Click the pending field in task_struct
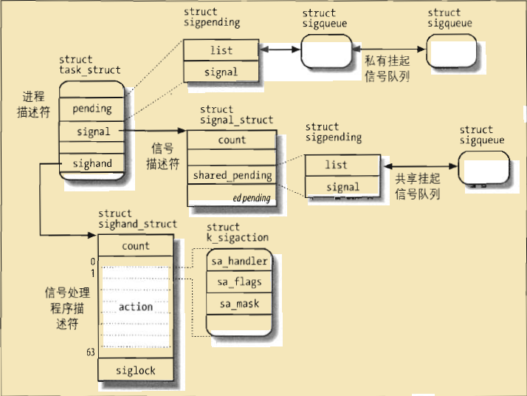[x=92, y=109]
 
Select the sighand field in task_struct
[x=92, y=164]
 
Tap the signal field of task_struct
[x=92, y=132]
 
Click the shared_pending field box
[x=232, y=176]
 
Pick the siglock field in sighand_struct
[x=137, y=370]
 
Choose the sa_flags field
[x=239, y=282]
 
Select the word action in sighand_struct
[x=136, y=307]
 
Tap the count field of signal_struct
[x=232, y=140]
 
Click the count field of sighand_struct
[x=136, y=246]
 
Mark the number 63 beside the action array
[x=90, y=353]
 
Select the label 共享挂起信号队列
[x=418, y=188]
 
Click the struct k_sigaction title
[x=237, y=232]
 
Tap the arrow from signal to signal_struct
[x=155, y=132]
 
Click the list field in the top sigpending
[x=221, y=50]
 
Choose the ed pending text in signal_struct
[x=252, y=199]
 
